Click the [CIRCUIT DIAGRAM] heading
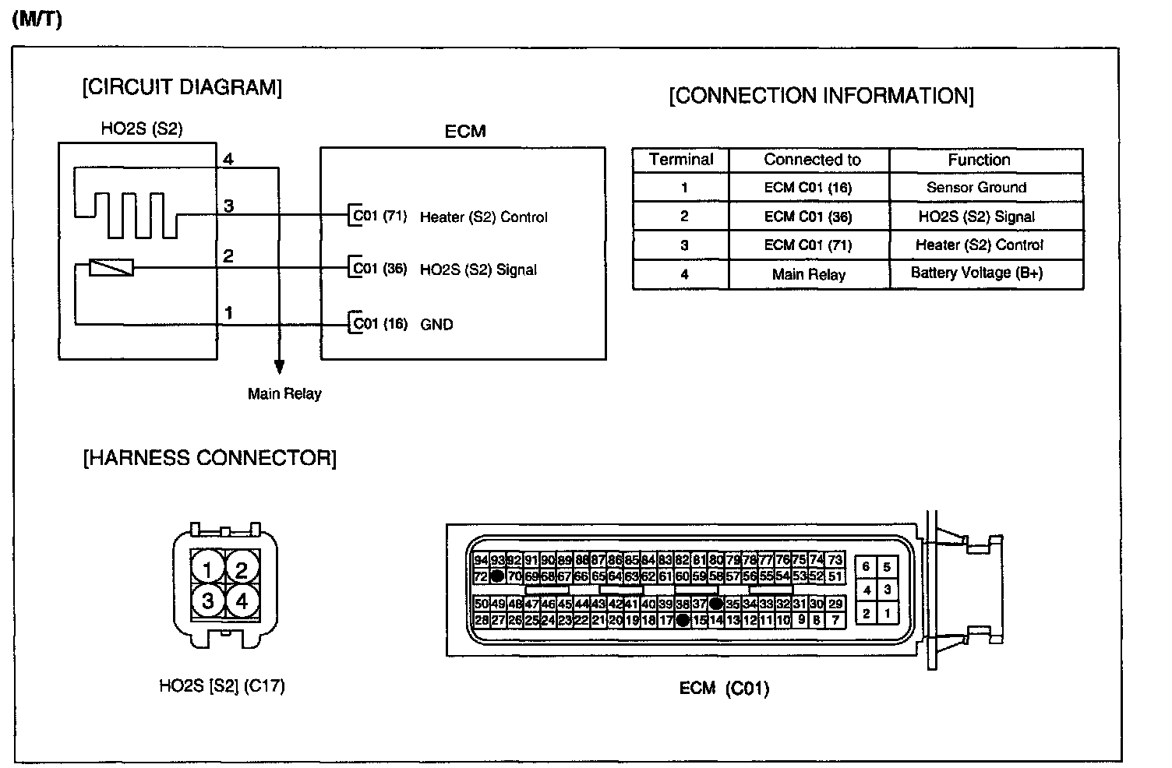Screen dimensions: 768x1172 tap(182, 87)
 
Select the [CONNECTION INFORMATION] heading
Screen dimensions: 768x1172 tap(821, 96)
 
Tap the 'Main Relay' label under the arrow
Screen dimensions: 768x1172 tap(284, 394)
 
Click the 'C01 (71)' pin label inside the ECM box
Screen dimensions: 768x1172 tap(380, 217)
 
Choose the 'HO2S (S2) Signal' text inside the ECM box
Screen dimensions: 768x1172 tap(478, 270)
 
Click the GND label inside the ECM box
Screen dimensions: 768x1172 tap(436, 325)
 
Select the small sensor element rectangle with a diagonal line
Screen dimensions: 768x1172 tap(111, 268)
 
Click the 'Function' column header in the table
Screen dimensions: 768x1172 tap(979, 160)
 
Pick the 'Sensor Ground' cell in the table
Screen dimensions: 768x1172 tap(976, 188)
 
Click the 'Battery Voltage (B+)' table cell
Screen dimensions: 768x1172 tap(976, 273)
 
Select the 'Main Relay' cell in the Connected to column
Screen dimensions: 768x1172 tap(808, 274)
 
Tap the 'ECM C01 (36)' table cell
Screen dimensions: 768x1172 tap(808, 217)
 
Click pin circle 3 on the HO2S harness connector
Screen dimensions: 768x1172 tap(207, 601)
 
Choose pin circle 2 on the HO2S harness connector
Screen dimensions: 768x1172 tap(242, 571)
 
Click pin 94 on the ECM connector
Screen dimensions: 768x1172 tap(481, 560)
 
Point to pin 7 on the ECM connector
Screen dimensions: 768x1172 tap(835, 621)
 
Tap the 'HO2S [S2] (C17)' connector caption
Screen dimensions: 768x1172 tap(222, 686)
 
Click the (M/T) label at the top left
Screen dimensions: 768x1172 tap(37, 19)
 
